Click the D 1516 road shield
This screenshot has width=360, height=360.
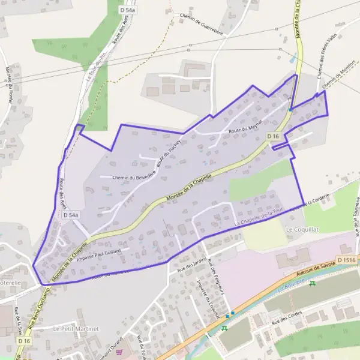click(347, 259)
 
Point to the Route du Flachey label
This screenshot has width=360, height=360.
click(169, 152)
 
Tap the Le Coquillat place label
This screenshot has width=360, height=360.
click(301, 229)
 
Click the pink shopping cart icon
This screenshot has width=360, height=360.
click(119, 352)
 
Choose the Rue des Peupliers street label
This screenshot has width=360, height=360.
click(215, 276)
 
